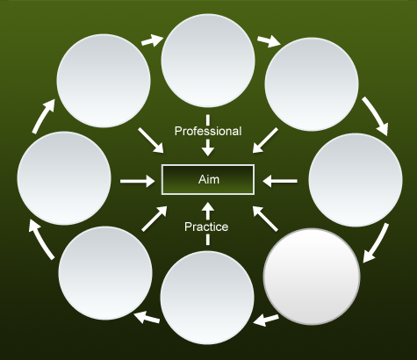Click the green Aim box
coord(208,179)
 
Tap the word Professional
coord(208,131)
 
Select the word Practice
coord(206,227)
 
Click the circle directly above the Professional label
coord(208,61)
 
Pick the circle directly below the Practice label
coord(207,298)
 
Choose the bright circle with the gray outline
coord(312,277)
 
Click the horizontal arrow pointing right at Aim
coord(138,181)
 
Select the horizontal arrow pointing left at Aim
coord(280,181)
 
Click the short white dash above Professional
coord(208,119)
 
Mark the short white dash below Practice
coord(208,240)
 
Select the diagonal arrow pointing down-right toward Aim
coord(151,140)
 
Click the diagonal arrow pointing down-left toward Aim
coord(265,140)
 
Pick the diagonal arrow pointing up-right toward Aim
coord(155,219)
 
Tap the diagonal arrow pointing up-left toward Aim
coord(265,219)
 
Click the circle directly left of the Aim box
coord(64,178)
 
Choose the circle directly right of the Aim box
coord(356,180)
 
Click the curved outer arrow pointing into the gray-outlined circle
coord(377,242)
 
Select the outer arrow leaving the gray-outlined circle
coord(266,320)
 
